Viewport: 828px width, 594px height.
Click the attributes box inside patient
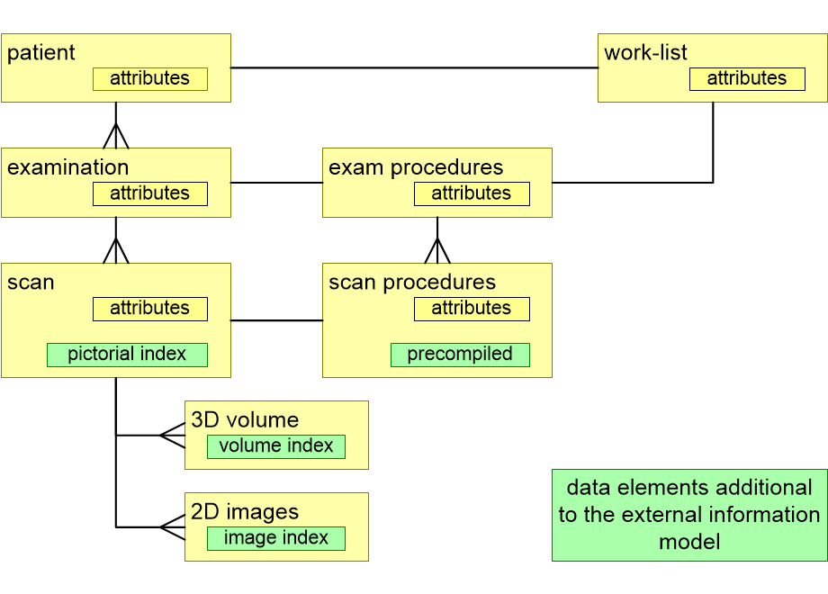click(150, 79)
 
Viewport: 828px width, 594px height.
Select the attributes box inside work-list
click(747, 79)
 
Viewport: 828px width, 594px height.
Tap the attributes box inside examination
click(150, 193)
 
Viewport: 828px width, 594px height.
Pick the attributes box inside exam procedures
click(472, 193)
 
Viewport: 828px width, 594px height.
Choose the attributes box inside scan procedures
click(472, 309)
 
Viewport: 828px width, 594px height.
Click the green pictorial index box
click(127, 355)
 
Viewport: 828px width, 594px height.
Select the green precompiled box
click(460, 355)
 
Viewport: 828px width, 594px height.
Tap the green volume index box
click(276, 446)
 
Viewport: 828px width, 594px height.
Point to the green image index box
click(276, 538)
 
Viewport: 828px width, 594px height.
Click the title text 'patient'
click(41, 53)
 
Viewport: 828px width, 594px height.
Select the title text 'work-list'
click(645, 53)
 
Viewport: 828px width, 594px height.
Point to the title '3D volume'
click(245, 420)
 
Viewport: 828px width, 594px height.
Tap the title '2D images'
click(245, 512)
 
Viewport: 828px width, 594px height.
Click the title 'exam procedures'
click(416, 168)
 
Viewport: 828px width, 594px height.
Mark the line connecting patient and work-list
click(414, 67)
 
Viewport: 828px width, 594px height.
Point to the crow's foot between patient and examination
click(116, 136)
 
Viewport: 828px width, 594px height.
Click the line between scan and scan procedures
click(276, 319)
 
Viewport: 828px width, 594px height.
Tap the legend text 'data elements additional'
click(689, 488)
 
